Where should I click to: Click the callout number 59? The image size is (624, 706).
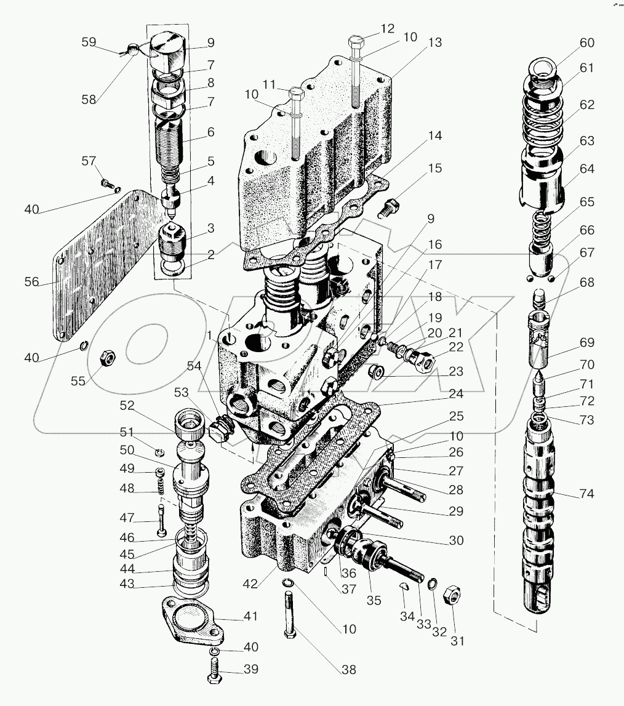(x=89, y=42)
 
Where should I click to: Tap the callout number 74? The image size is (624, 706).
(x=586, y=494)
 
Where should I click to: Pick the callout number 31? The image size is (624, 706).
(x=456, y=640)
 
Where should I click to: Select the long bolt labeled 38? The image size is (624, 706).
(x=290, y=616)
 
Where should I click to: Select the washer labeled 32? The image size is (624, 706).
(x=433, y=582)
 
